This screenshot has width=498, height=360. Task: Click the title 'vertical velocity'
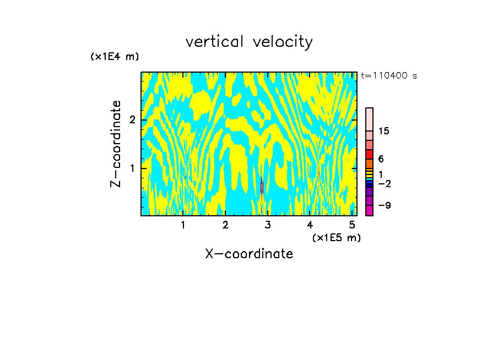(249, 42)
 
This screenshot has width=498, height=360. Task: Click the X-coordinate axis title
(249, 254)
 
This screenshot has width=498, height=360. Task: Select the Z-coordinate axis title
(116, 144)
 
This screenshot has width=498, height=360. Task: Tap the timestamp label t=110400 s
(389, 76)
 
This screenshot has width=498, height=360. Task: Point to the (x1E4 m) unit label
(115, 57)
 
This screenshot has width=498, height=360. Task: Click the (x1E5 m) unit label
(336, 237)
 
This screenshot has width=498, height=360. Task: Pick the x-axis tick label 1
(183, 225)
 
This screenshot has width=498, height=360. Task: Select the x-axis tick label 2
(225, 225)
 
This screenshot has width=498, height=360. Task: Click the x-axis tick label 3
(268, 225)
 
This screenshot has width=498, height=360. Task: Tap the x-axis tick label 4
(310, 225)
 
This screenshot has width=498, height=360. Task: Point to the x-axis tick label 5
(353, 225)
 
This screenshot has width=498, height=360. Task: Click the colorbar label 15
(384, 131)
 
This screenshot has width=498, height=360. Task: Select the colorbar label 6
(381, 159)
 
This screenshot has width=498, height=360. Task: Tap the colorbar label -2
(384, 184)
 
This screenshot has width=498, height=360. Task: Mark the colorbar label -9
(384, 205)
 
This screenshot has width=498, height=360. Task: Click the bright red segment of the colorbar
(369, 154)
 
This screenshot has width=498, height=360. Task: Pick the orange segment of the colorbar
(369, 163)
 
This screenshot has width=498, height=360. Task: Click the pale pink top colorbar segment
(369, 119)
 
